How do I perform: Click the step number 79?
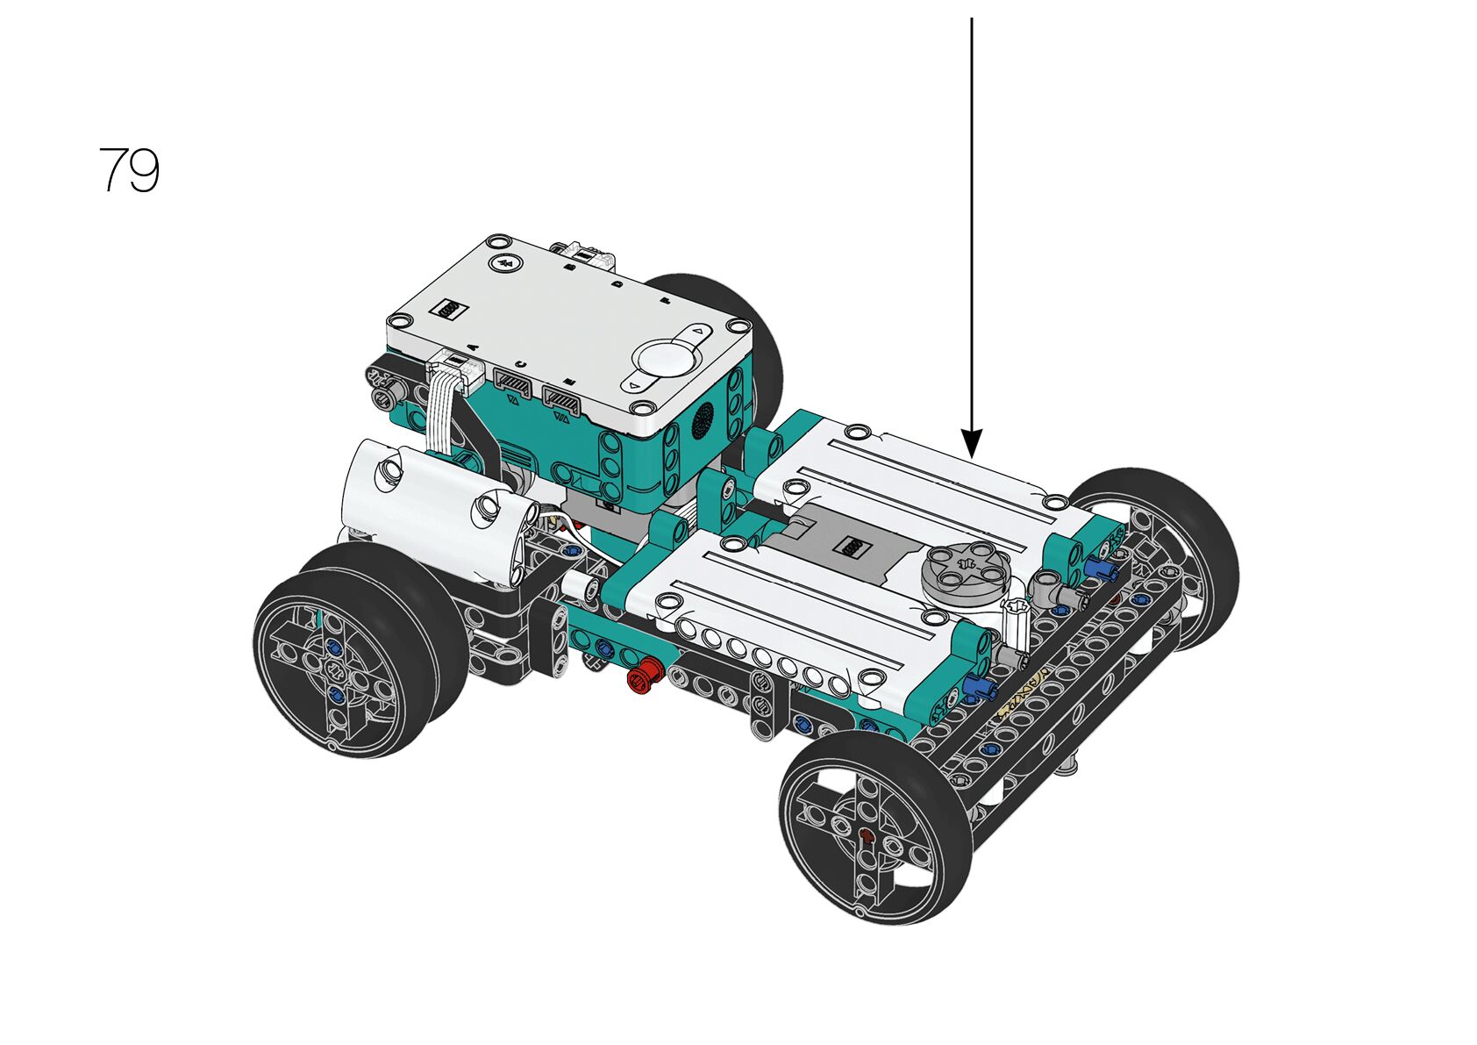(x=129, y=169)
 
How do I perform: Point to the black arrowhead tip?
(x=971, y=456)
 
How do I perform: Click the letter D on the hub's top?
(x=617, y=284)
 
